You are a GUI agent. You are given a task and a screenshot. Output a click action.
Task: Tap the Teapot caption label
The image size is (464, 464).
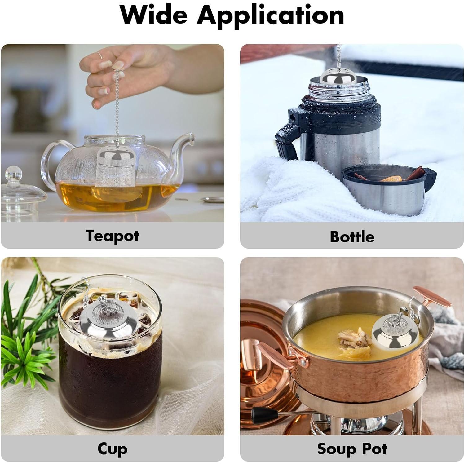113,236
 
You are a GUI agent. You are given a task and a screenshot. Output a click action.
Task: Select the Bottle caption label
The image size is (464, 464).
352,236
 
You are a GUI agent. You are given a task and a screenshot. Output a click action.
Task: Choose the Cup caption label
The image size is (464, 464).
112,449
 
